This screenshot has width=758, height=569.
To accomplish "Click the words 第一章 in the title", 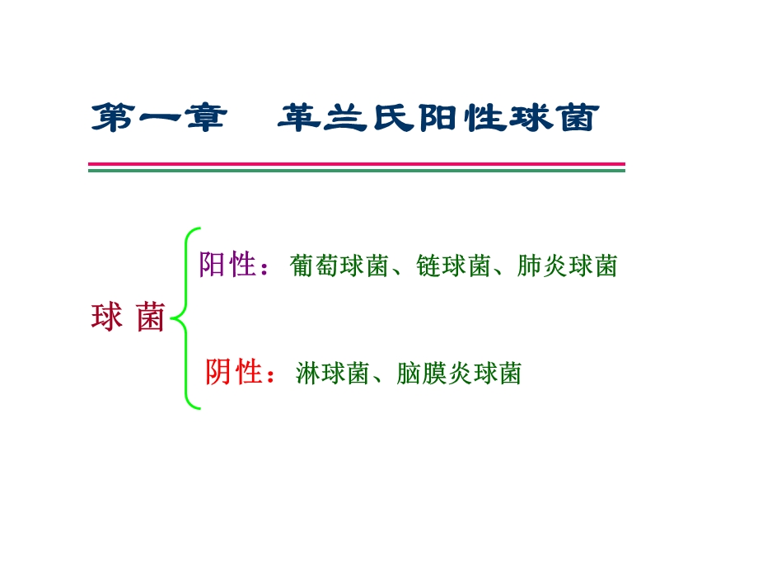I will click(x=157, y=118).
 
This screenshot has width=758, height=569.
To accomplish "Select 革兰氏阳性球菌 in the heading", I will click(x=435, y=118).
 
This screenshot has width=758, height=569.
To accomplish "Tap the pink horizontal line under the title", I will click(x=356, y=164).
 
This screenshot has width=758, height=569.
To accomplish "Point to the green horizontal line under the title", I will click(x=356, y=171).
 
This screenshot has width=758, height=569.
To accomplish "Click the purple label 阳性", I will click(x=228, y=265).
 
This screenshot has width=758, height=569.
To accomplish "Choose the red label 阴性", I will click(x=233, y=373).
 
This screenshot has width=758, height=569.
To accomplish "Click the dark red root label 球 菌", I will click(x=128, y=317).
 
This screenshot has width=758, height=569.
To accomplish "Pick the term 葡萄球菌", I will click(x=339, y=266).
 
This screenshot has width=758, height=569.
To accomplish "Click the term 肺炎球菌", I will click(x=568, y=266).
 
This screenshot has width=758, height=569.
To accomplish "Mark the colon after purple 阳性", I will click(x=265, y=267).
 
